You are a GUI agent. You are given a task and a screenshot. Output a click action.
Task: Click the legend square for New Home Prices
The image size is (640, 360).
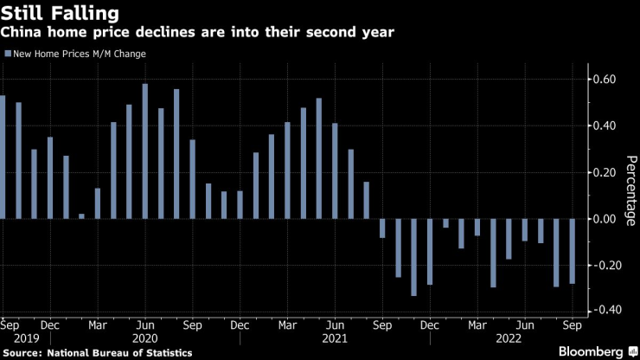(8, 54)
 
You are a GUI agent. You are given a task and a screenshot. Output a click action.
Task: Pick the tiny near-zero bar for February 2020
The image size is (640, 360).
(82, 216)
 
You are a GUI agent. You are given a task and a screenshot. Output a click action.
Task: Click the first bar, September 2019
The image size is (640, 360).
(3, 157)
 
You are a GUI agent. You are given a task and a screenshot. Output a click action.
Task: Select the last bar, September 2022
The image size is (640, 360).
(573, 251)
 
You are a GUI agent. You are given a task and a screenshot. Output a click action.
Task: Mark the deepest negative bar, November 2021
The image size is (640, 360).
(413, 257)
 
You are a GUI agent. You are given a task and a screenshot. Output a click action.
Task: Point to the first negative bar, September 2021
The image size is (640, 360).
(382, 228)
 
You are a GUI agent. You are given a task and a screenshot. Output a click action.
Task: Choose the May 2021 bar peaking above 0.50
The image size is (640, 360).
(318, 158)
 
